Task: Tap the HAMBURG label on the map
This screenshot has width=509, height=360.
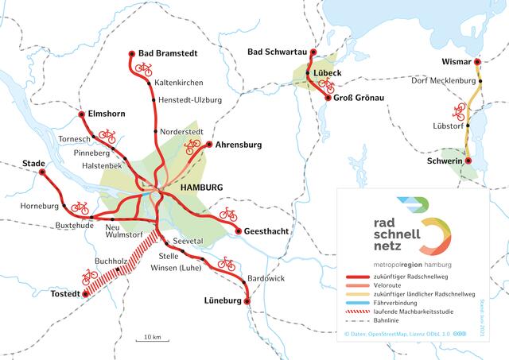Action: click(202, 187)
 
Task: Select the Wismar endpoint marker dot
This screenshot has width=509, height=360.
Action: click(477, 62)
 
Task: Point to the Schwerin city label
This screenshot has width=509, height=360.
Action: click(445, 161)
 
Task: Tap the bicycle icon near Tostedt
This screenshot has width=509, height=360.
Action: click(91, 276)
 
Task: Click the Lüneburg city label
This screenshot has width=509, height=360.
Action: click(217, 302)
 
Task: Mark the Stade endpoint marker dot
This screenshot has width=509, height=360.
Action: click(42, 171)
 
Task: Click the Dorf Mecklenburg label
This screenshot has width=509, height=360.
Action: click(441, 81)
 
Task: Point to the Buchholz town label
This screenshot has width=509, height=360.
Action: click(111, 261)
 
